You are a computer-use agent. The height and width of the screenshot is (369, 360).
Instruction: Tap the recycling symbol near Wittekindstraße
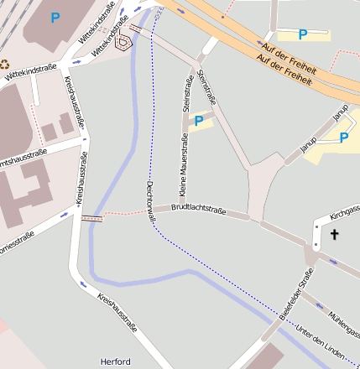pyautogui.click(x=4, y=63)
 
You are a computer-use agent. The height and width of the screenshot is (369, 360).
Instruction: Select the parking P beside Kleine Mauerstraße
pyautogui.click(x=199, y=121)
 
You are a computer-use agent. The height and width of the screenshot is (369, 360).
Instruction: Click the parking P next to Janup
pyautogui.click(x=344, y=138)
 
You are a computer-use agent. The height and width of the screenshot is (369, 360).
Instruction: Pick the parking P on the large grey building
pyautogui.click(x=55, y=16)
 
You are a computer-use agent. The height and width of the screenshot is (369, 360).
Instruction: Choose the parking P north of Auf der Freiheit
pyautogui.click(x=303, y=34)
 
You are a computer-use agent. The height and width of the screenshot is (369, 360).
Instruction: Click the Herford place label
pyautogui.click(x=115, y=361)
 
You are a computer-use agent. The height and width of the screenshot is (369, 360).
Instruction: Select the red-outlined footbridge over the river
pyautogui.click(x=92, y=218)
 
